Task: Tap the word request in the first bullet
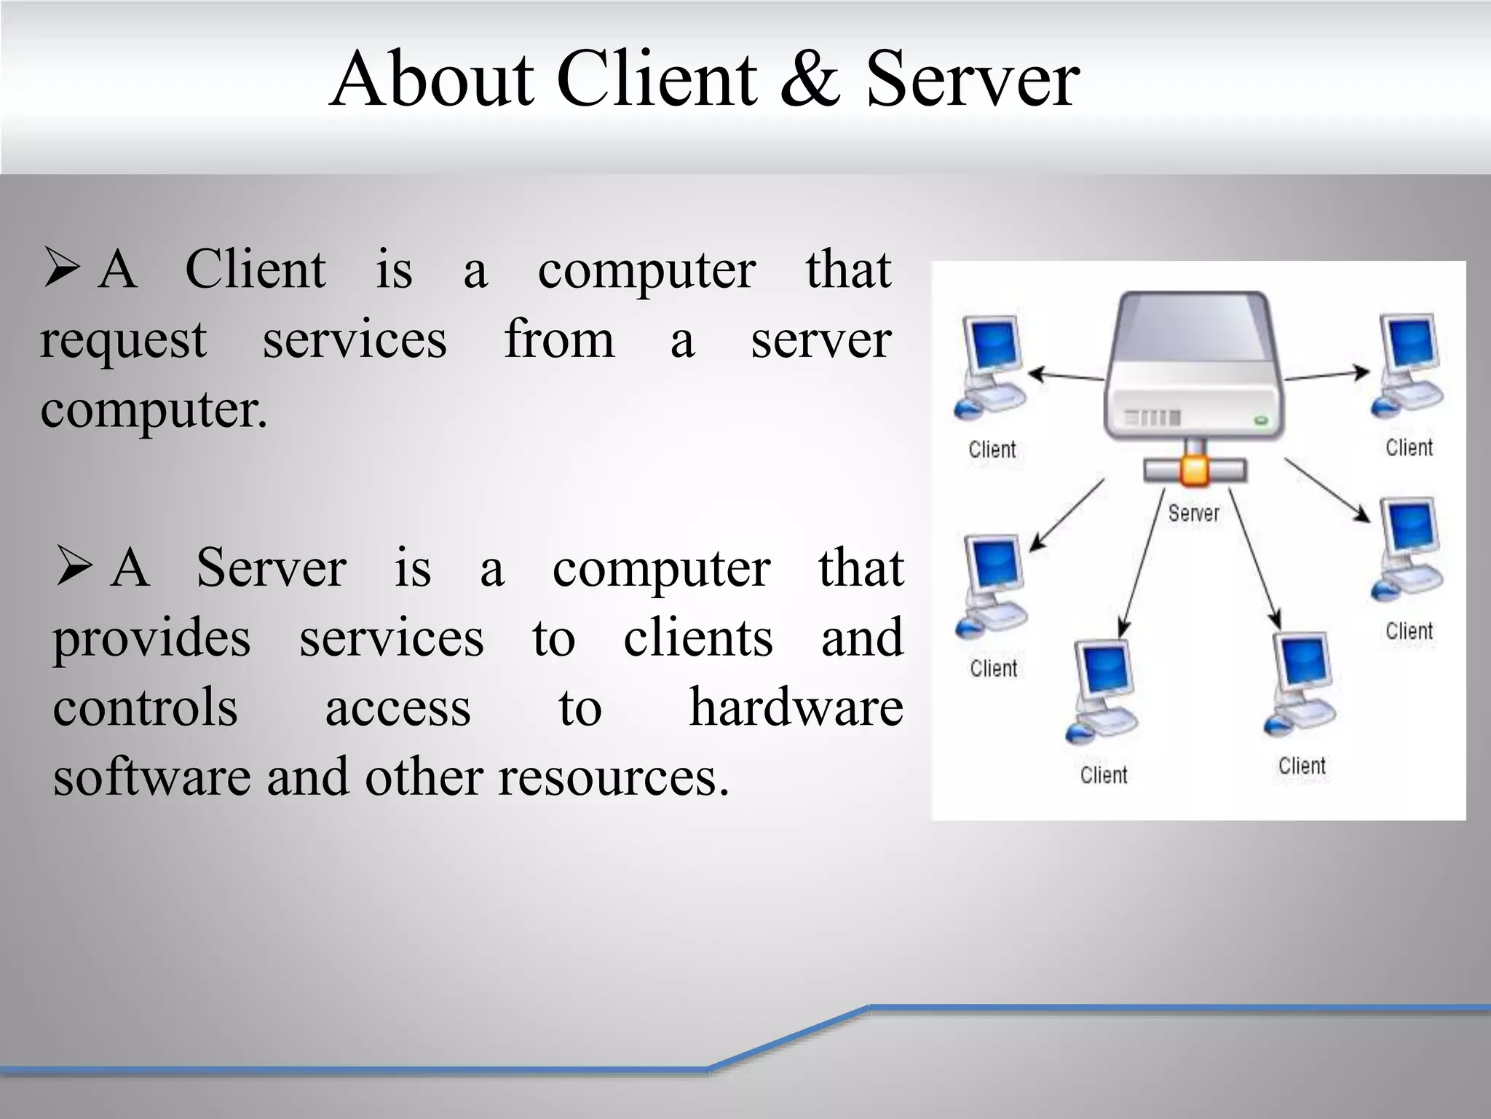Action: (123, 340)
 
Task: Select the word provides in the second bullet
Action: (151, 639)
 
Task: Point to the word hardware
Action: (796, 707)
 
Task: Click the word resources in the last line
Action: (613, 777)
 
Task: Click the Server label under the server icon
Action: (1193, 514)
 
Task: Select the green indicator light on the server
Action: (1261, 420)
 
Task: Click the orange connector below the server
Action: (1194, 469)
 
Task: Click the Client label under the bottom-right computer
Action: (1302, 766)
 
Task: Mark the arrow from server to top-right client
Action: (1326, 374)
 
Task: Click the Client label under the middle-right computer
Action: (1409, 631)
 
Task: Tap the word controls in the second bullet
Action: (145, 707)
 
